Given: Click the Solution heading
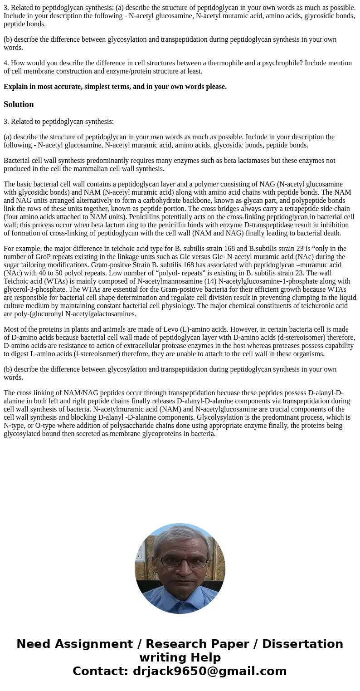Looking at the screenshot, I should pyautogui.click(x=19, y=104).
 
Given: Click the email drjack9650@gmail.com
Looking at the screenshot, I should pyautogui.click(x=209, y=671).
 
